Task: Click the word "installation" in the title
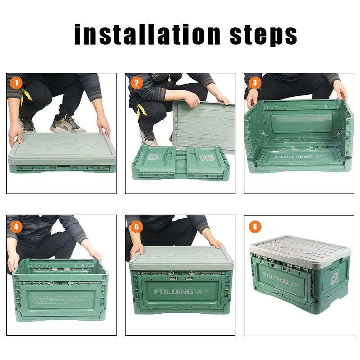click(148, 35)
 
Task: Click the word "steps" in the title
click(264, 35)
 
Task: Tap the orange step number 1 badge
click(17, 83)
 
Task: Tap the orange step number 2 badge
click(136, 83)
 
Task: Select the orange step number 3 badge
click(255, 83)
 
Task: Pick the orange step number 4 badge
click(17, 226)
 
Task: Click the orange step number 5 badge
click(136, 226)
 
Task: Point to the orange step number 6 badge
click(255, 226)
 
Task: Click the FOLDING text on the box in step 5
click(174, 292)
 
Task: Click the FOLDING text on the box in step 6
click(275, 278)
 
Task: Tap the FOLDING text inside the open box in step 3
click(294, 157)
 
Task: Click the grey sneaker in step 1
click(67, 124)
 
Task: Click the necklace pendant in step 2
click(169, 80)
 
